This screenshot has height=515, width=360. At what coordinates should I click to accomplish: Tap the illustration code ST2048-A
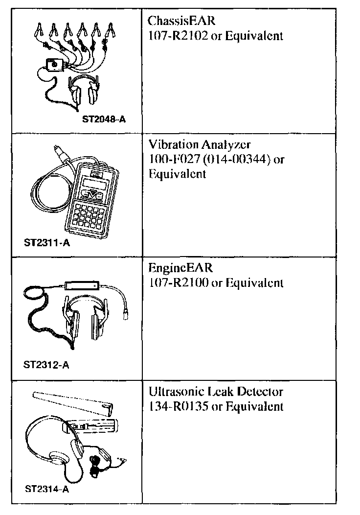104,118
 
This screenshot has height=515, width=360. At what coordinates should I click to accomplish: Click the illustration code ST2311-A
46,242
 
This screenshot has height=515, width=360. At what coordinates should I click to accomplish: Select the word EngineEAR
180,269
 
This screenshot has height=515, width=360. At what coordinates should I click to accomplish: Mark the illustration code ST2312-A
46,365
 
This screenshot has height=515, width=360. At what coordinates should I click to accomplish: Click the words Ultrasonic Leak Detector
215,392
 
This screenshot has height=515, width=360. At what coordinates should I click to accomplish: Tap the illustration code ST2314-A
46,488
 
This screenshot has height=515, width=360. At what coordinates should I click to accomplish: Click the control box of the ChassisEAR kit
55,64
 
